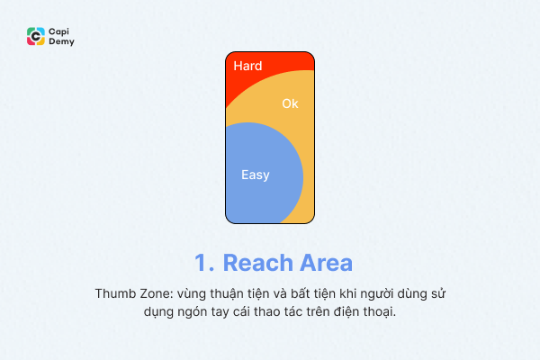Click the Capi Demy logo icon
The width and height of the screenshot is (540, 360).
(36, 36)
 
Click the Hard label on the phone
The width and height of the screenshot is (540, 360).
(247, 66)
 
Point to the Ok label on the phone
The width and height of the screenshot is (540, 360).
(290, 103)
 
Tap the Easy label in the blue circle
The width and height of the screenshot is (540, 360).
(256, 175)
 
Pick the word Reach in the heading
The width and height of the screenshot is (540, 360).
(256, 263)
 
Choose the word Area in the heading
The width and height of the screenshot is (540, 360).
(322, 263)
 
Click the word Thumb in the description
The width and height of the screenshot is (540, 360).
(113, 294)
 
